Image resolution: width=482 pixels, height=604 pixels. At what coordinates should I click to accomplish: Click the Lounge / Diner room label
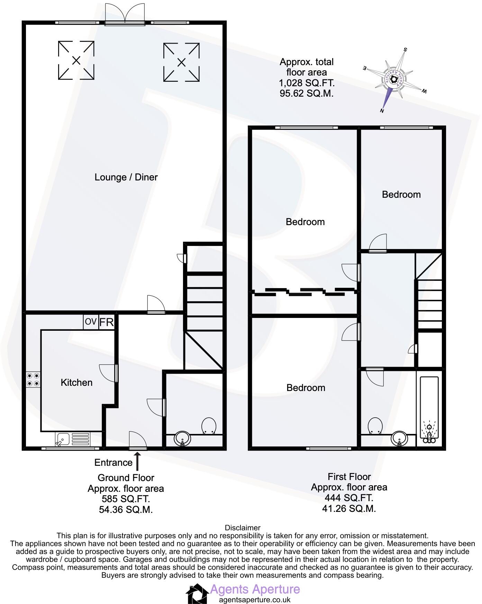point(126,177)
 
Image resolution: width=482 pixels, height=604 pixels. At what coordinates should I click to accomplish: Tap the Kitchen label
point(76,382)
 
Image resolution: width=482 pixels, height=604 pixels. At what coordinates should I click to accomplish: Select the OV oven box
point(91,322)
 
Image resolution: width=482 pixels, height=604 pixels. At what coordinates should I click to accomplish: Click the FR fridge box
point(107,322)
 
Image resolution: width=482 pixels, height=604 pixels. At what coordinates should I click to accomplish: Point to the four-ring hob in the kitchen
point(33,379)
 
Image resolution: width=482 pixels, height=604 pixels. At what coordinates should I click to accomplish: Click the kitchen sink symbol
point(72,439)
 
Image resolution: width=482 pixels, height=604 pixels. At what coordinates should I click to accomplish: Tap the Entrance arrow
point(137,461)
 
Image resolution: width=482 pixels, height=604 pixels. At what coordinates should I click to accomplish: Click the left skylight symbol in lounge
point(76,61)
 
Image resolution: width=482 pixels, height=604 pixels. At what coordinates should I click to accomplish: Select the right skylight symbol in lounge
point(181,62)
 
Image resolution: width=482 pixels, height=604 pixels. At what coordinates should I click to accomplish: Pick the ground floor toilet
point(209,426)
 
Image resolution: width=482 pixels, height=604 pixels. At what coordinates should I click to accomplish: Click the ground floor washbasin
point(183,439)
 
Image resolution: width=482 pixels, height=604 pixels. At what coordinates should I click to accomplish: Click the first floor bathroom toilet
point(375,426)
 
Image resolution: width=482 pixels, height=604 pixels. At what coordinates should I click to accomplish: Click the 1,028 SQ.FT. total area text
point(307,83)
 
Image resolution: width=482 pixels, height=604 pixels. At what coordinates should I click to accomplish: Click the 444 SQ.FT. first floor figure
point(349,498)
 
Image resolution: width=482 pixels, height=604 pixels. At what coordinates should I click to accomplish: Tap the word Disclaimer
point(242,528)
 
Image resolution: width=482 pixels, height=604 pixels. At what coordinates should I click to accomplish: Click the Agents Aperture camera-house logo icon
point(197,594)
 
